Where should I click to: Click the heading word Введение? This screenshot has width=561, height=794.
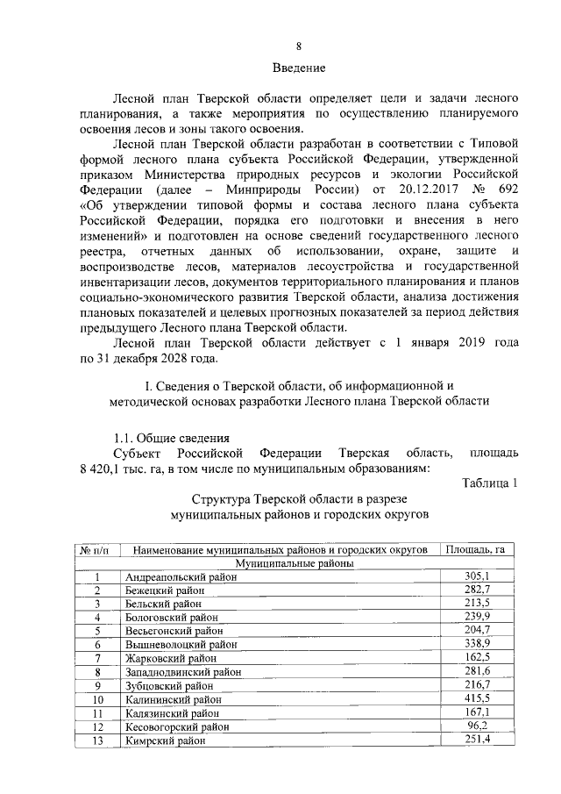pos(299,68)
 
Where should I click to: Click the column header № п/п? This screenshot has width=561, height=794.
pos(99,550)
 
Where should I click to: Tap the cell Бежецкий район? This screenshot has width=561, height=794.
pos(165,591)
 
